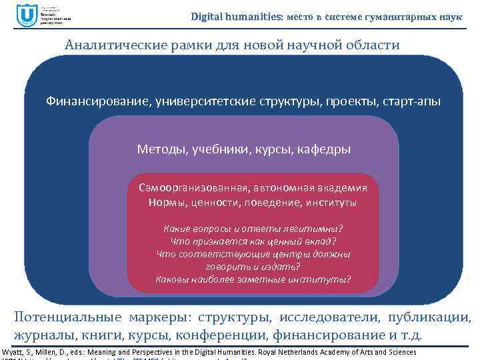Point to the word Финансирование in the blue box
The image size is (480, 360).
[x=97, y=101]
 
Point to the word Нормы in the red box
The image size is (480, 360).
[x=164, y=201]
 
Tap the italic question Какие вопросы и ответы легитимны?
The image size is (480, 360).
[x=253, y=229]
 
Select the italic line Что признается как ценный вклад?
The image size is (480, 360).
[x=253, y=241]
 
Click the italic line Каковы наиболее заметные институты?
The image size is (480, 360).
[x=253, y=279]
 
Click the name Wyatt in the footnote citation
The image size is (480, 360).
[x=13, y=352]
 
